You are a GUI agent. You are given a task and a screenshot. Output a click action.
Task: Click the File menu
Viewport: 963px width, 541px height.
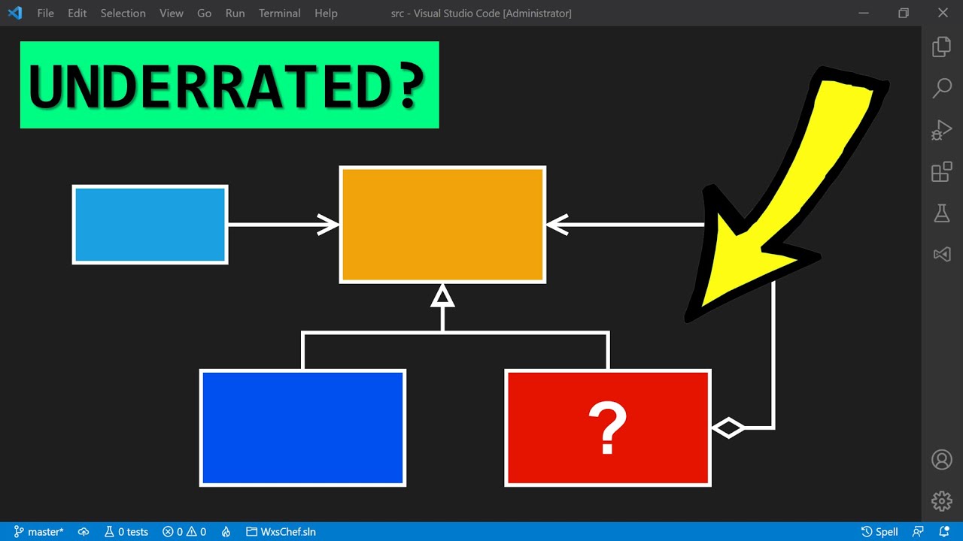click(45, 14)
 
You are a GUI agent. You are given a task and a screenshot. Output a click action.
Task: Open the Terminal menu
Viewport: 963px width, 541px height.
click(279, 14)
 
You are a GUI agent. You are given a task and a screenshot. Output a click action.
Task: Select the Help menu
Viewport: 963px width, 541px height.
click(326, 14)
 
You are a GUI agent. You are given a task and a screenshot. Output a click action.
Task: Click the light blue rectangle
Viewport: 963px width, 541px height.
click(150, 225)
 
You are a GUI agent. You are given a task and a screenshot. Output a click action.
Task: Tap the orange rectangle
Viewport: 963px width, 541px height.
click(442, 225)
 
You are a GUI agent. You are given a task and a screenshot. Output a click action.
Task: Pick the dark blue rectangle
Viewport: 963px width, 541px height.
click(302, 428)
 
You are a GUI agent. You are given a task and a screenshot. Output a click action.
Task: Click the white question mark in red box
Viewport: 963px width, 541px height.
click(608, 428)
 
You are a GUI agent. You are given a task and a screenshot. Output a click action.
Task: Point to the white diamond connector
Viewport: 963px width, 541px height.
click(728, 428)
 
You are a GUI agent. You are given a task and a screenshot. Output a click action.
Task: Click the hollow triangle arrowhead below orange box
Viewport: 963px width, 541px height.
click(442, 296)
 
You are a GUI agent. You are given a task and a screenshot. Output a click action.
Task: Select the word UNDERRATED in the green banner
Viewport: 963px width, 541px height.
click(203, 86)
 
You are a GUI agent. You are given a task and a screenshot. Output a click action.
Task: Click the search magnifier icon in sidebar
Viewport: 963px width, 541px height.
click(942, 88)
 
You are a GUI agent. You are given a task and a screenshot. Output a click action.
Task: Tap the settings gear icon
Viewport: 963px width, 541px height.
click(942, 500)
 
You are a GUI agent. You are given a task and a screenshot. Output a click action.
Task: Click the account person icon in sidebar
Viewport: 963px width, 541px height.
click(942, 459)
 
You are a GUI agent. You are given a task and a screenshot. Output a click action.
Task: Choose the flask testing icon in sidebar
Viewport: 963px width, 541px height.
click(942, 213)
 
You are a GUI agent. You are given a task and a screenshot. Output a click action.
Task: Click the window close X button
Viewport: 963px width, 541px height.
click(943, 14)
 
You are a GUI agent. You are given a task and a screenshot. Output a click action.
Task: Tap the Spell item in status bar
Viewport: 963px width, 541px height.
click(879, 532)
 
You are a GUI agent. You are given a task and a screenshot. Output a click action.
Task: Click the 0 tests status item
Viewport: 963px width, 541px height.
click(126, 532)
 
